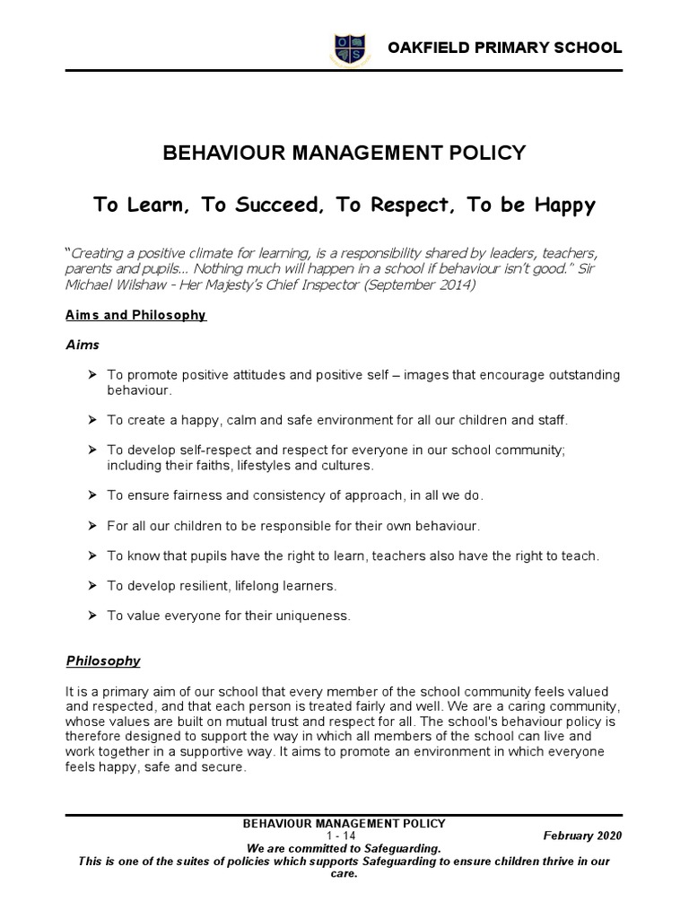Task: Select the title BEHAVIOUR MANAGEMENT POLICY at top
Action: coord(344,153)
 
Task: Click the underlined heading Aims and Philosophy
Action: coord(136,315)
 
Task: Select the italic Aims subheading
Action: coord(83,345)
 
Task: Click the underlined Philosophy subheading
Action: coord(103,661)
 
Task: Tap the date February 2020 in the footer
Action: coord(582,835)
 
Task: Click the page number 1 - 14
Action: coord(344,835)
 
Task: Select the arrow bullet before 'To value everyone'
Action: coord(92,616)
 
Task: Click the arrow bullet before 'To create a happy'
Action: coord(92,420)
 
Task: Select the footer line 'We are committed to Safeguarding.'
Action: coord(344,847)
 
